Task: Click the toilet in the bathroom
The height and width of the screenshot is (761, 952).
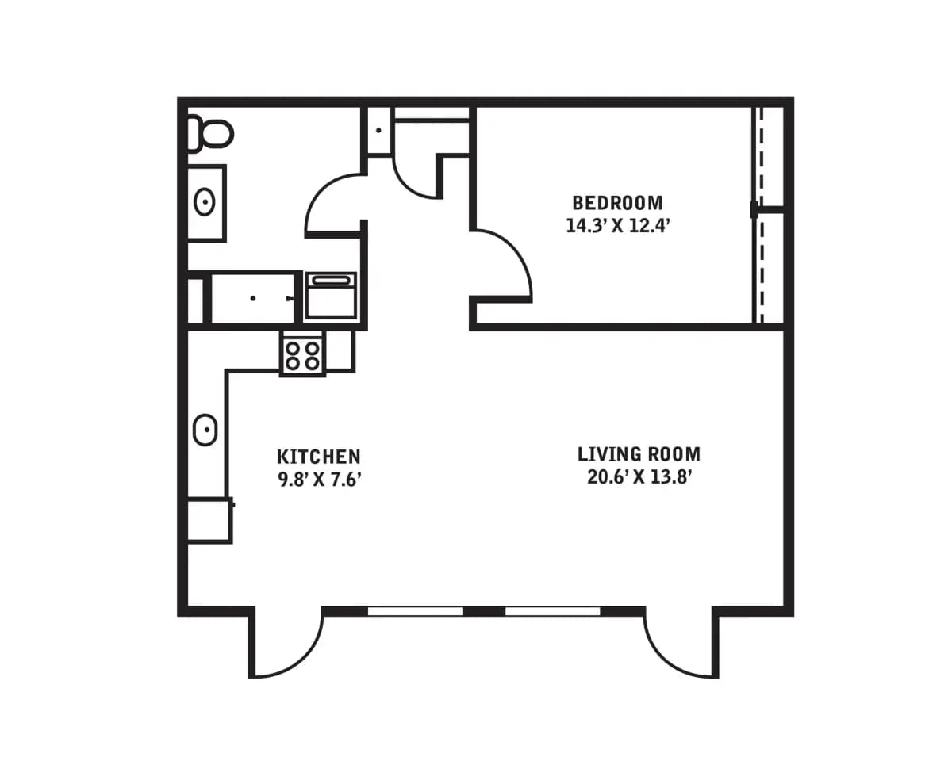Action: (x=210, y=133)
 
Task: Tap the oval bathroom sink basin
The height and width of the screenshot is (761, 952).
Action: (x=205, y=203)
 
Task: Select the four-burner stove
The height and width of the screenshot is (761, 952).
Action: (x=302, y=354)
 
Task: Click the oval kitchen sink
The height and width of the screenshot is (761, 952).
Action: (x=205, y=430)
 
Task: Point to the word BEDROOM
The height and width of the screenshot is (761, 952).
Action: (x=617, y=202)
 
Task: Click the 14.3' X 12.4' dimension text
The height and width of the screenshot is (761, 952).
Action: (x=619, y=226)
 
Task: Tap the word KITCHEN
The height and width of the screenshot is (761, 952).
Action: (x=319, y=457)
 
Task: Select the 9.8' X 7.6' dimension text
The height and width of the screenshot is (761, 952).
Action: (x=320, y=480)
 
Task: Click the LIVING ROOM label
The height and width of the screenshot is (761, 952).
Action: (x=639, y=454)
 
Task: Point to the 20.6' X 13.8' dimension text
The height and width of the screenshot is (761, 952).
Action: (x=639, y=477)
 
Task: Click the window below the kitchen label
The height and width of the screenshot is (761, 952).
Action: (x=415, y=610)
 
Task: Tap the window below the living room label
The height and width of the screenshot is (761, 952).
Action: (x=553, y=610)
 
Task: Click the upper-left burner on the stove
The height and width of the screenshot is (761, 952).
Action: (x=293, y=347)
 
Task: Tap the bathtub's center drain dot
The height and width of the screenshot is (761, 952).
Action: (x=253, y=298)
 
